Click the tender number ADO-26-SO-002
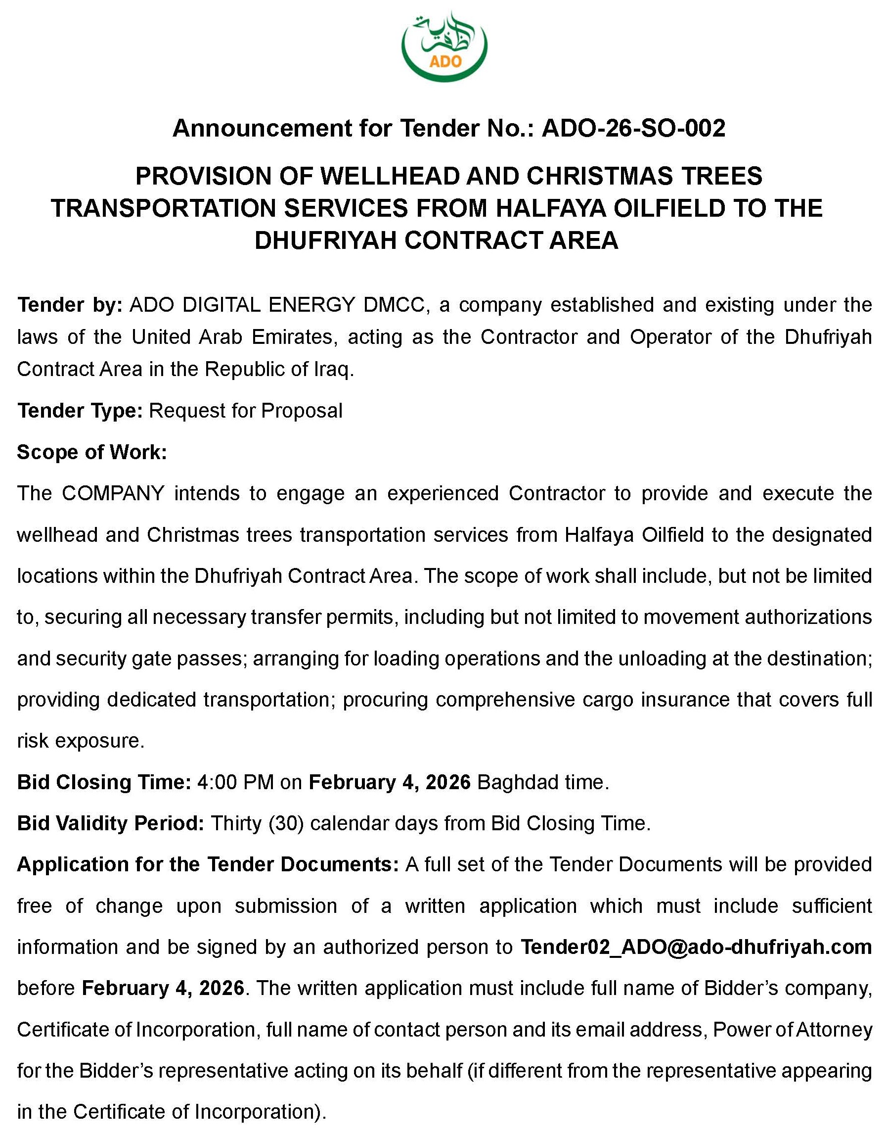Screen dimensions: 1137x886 [x=633, y=128]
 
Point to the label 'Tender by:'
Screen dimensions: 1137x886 [x=69, y=305]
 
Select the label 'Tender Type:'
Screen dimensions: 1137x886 [x=80, y=411]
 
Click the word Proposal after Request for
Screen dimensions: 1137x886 [x=302, y=411]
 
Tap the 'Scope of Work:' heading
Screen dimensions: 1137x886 [x=91, y=452]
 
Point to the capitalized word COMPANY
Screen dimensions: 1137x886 [x=113, y=493]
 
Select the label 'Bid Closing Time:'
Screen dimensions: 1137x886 [x=104, y=782]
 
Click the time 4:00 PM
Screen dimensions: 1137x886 [x=236, y=782]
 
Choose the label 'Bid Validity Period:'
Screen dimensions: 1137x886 [x=110, y=823]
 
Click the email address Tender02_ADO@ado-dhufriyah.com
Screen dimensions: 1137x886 [x=696, y=947]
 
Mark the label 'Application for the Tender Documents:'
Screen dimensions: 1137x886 [x=208, y=864]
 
